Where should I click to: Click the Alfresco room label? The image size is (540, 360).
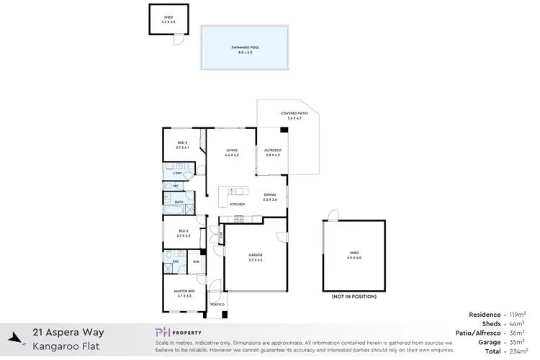[x=273, y=152]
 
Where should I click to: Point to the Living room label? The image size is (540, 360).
[x=231, y=152]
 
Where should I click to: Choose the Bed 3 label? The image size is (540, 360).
[x=181, y=145]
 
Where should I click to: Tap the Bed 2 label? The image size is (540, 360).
[x=183, y=233]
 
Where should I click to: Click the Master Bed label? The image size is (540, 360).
[x=184, y=294]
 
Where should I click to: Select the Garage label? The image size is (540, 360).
[x=256, y=256]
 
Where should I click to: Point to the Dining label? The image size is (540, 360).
[x=270, y=197]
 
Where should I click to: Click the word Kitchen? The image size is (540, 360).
[x=237, y=204]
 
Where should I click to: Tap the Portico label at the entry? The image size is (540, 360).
[x=217, y=305]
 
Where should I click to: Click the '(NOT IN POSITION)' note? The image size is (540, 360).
[x=353, y=297]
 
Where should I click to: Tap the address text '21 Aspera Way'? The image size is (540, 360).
[x=69, y=333]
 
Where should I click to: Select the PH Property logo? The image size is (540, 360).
[x=182, y=332]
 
